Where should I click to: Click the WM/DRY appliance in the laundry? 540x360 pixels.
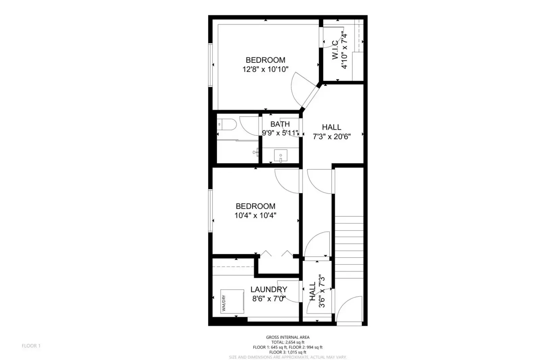click(x=232, y=301)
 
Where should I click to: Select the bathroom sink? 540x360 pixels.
click(x=280, y=156)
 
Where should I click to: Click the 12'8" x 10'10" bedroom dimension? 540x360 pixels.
click(x=265, y=70)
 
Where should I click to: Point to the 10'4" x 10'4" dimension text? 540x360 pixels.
click(x=255, y=215)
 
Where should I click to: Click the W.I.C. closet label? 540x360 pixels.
click(x=335, y=50)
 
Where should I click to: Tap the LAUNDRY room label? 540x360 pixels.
click(x=269, y=289)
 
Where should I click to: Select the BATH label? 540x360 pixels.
click(x=280, y=124)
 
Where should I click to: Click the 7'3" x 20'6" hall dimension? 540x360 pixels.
click(x=332, y=137)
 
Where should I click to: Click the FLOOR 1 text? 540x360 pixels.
click(x=31, y=346)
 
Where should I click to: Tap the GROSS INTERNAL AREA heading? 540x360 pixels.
click(x=288, y=337)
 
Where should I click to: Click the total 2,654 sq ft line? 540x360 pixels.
click(x=288, y=342)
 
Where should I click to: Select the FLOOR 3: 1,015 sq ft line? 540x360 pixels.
click(x=288, y=352)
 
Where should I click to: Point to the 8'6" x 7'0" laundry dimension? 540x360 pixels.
click(x=269, y=299)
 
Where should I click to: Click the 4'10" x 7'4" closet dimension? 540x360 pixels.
click(x=344, y=51)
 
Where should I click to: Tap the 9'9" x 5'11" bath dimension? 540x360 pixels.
click(x=280, y=133)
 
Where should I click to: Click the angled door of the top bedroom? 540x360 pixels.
click(x=310, y=98)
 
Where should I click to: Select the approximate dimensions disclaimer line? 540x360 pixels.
click(x=288, y=357)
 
